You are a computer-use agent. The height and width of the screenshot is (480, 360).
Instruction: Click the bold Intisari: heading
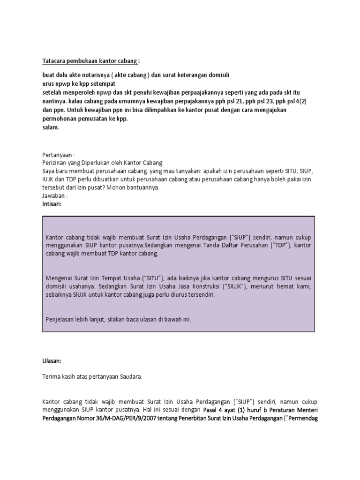(x=52, y=204)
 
